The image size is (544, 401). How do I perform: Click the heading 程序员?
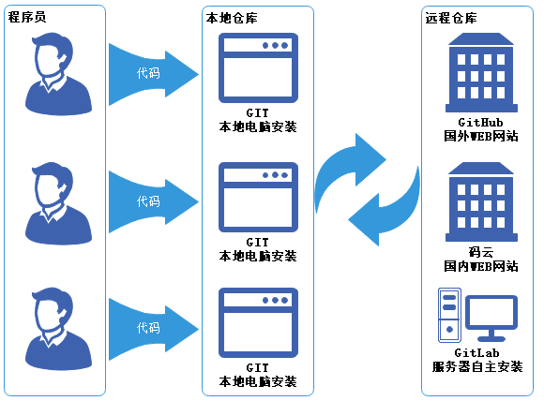click(27, 18)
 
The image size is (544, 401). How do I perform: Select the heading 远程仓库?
click(450, 18)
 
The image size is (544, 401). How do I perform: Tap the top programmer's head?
click(53, 57)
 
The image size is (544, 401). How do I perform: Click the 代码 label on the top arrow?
click(148, 72)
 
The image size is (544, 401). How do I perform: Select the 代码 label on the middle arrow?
click(148, 201)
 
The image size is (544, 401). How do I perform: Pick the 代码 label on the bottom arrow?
click(148, 328)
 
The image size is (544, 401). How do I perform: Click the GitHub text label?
click(480, 123)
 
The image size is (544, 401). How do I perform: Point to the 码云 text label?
click(480, 252)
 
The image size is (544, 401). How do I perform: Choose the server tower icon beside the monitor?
click(450, 316)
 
